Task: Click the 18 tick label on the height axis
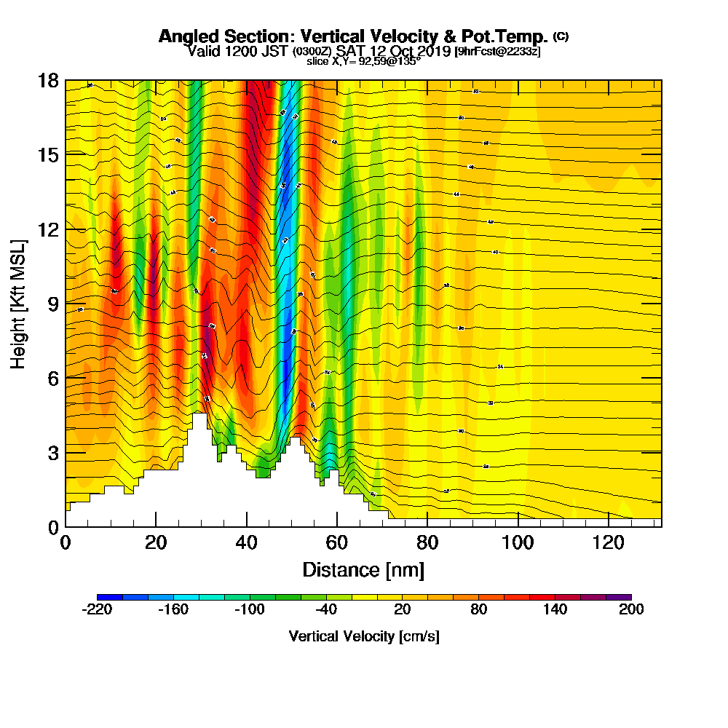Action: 48,80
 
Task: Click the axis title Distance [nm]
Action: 363,569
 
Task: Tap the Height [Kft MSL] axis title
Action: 18,303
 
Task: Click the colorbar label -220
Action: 97,610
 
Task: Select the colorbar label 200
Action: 631,610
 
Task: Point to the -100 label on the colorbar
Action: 250,610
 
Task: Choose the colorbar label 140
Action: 555,610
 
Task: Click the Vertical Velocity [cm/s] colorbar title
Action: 364,636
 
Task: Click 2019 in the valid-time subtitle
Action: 432,52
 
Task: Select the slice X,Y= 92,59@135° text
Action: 363,62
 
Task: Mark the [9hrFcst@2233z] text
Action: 496,52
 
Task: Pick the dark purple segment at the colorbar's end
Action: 618,597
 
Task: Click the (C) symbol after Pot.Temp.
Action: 561,36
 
